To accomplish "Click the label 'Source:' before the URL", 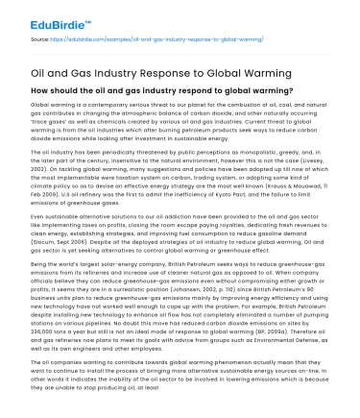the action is [x=40, y=39].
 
